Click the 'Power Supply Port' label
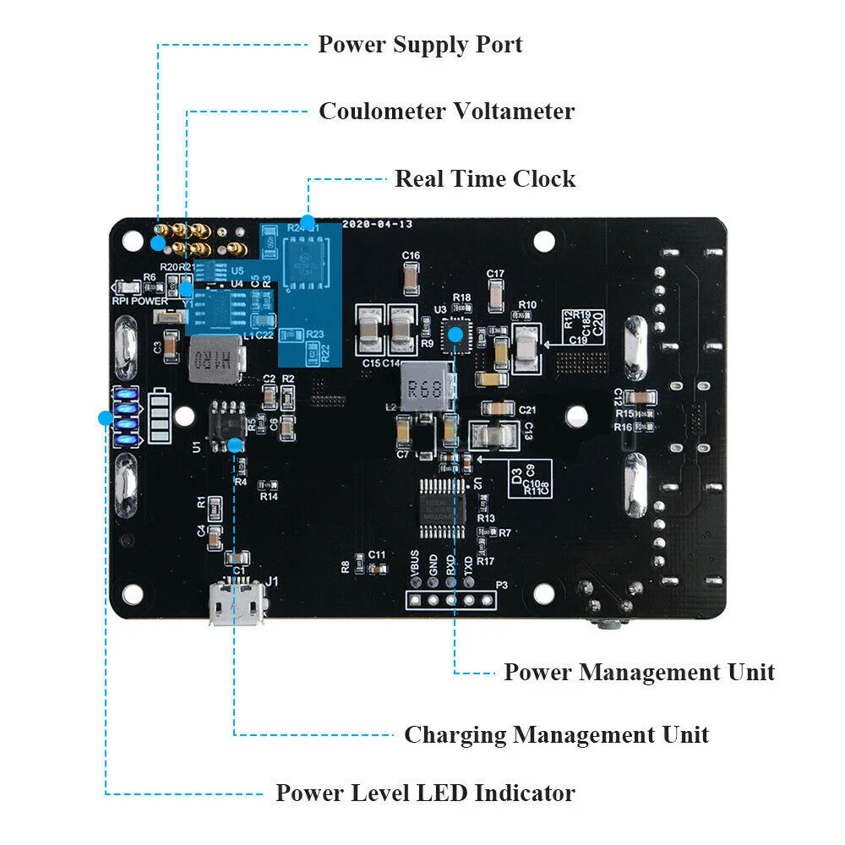point(420,45)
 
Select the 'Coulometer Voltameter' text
point(446,112)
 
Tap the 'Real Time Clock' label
point(485,179)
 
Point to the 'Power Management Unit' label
point(639,673)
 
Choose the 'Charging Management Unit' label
point(556,735)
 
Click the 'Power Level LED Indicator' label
point(425,793)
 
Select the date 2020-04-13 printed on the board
point(377,225)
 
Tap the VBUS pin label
point(414,563)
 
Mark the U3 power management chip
point(456,333)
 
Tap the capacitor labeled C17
point(496,293)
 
